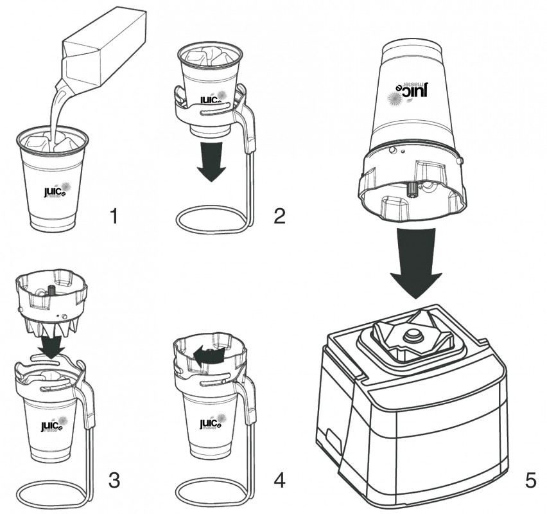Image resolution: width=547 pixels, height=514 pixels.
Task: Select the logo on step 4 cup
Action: [x=211, y=425]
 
